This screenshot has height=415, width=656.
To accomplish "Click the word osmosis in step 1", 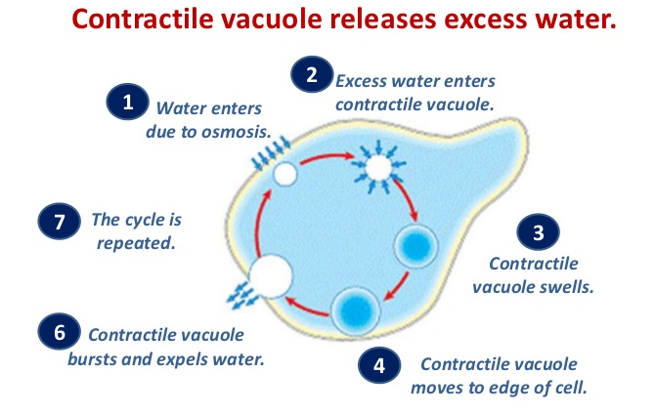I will point(235,128).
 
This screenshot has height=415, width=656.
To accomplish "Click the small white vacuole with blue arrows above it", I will point(284,175).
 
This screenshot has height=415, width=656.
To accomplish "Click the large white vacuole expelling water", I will point(269,276).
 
